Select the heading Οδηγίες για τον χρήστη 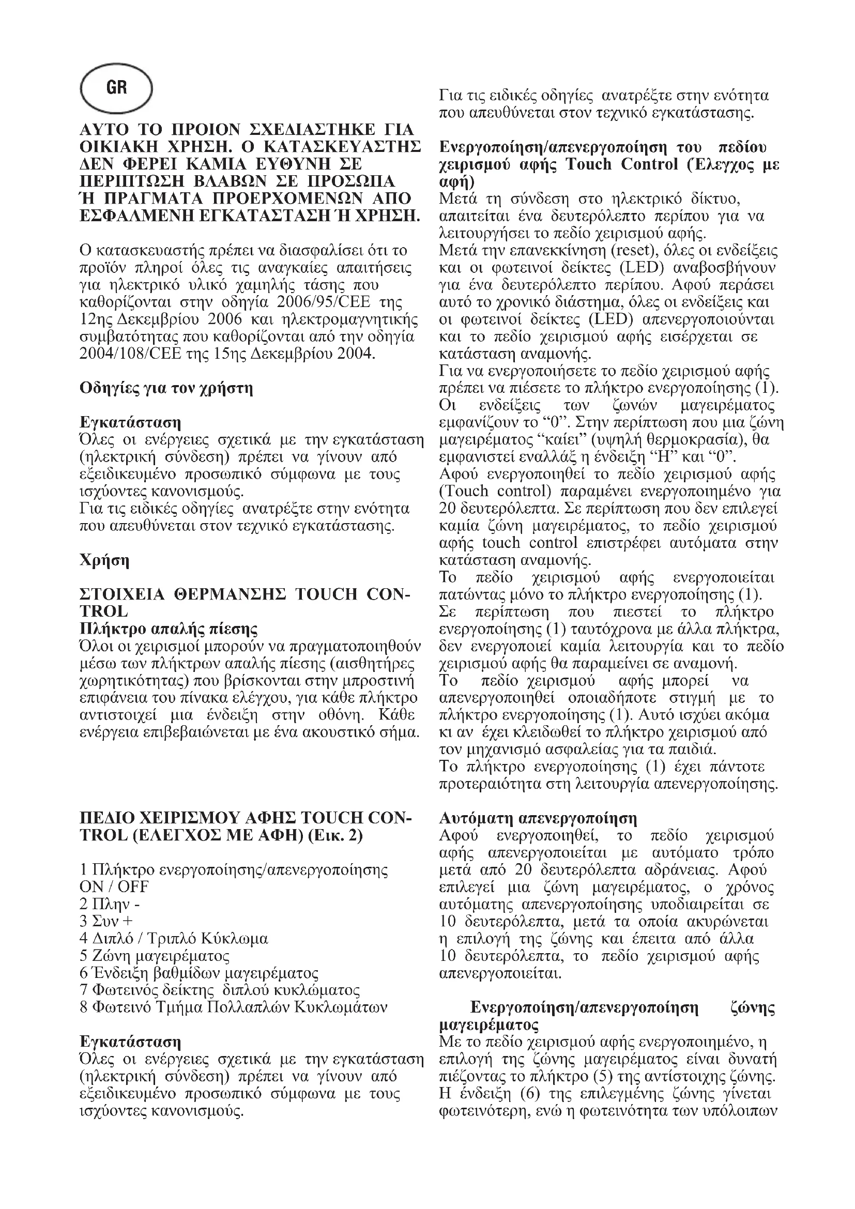pos(166,389)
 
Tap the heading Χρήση pos(104,560)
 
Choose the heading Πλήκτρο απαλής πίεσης pos(169,629)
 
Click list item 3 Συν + pos(106,922)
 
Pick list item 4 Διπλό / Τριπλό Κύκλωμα pos(174,939)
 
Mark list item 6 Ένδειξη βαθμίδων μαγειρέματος pos(199,973)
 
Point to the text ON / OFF pos(114,887)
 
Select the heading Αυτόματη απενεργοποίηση pos(538,819)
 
